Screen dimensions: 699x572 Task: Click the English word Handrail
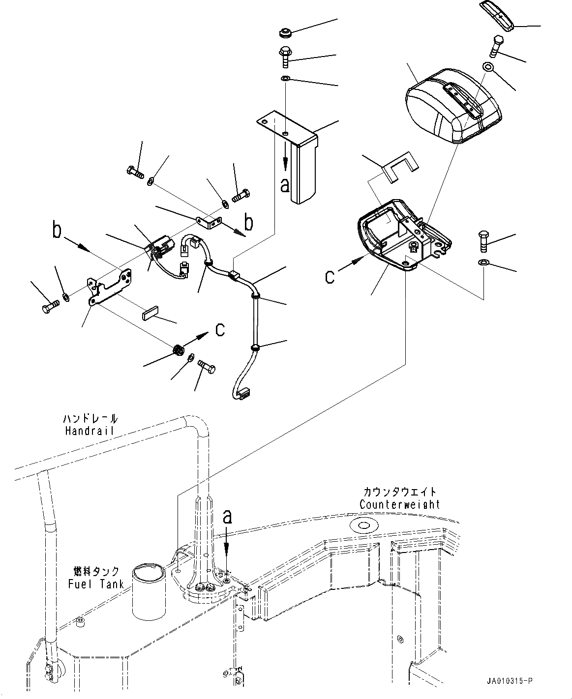pyautogui.click(x=89, y=431)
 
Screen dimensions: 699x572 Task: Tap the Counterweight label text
pyautogui.click(x=399, y=505)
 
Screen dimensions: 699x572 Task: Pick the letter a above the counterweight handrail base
pyautogui.click(x=227, y=517)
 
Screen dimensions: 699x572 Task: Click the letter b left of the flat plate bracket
pyautogui.click(x=58, y=230)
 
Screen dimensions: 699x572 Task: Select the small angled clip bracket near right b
pyautogui.click(x=209, y=223)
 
